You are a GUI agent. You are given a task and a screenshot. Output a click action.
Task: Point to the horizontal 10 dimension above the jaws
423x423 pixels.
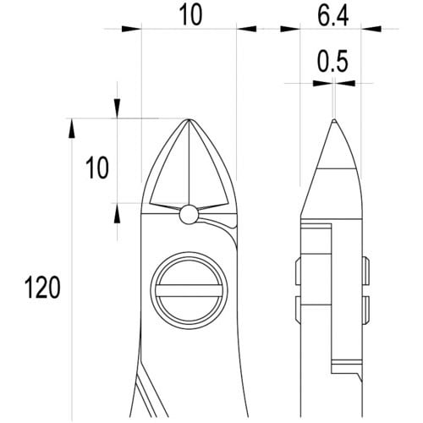tap(189, 15)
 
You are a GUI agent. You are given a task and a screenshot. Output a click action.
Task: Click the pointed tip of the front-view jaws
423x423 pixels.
tap(188, 120)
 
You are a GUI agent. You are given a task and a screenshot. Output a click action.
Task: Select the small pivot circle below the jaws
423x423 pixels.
tap(189, 215)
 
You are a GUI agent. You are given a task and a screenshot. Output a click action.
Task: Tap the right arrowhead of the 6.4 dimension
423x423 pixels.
tap(369, 29)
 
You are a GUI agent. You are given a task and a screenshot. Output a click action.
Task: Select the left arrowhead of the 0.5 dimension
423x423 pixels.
tap(320, 83)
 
